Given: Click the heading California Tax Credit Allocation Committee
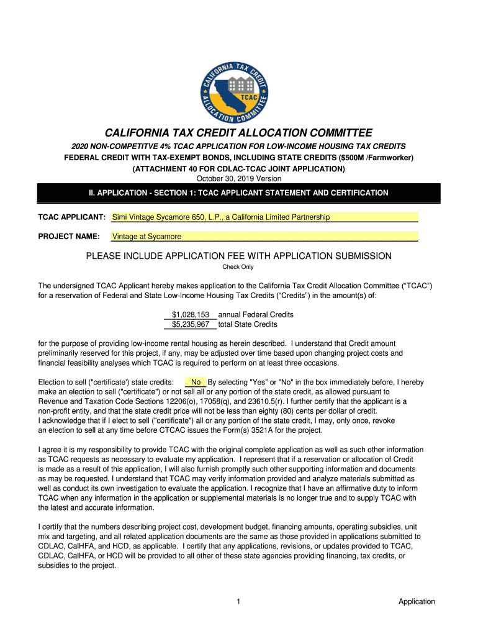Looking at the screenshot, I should (238, 133).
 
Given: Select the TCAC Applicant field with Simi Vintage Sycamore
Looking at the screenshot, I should (264, 217).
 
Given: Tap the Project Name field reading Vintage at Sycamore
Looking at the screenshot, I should (264, 237).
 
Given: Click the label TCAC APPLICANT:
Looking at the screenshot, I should (71, 217).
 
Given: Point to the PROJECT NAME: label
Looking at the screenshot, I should (69, 237).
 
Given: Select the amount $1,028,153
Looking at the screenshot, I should (191, 315).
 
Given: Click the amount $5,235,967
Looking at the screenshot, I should (191, 324).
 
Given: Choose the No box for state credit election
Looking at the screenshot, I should (196, 382).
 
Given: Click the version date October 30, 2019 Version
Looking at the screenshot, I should (238, 179).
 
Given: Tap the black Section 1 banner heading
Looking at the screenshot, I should (238, 193).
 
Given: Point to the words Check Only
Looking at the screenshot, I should (238, 267).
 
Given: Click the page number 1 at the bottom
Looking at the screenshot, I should (238, 601).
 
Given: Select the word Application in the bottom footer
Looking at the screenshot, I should (417, 601).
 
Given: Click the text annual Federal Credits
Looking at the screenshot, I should (256, 315).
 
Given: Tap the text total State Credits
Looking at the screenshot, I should (248, 324).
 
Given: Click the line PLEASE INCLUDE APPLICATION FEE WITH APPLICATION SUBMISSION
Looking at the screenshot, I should (238, 256).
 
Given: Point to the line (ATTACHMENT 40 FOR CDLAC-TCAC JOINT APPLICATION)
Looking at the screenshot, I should (238, 169).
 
